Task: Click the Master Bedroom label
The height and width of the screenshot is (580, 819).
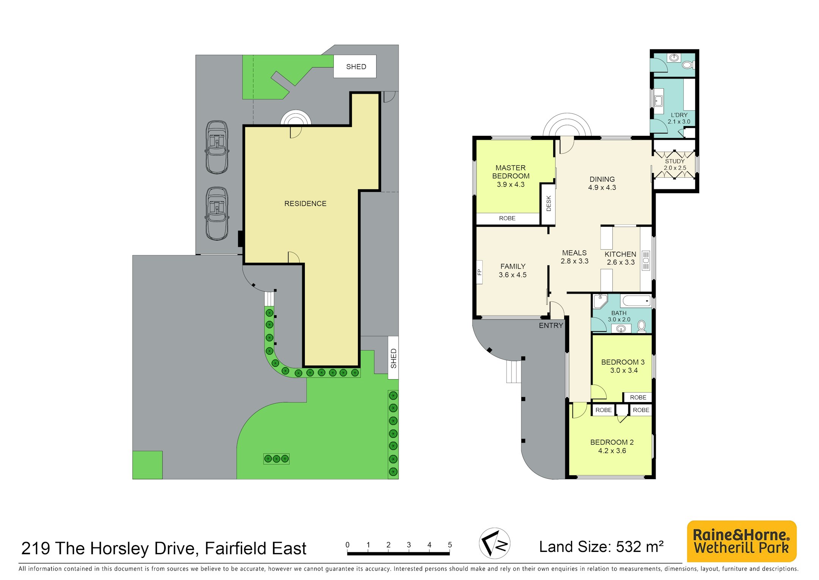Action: pyautogui.click(x=511, y=172)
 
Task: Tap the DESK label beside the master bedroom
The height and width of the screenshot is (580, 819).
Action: pyautogui.click(x=549, y=203)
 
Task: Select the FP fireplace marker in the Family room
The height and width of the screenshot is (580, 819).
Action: pyautogui.click(x=479, y=272)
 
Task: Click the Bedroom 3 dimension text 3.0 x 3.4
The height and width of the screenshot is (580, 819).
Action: pyautogui.click(x=624, y=371)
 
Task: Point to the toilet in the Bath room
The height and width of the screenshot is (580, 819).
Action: pyautogui.click(x=642, y=326)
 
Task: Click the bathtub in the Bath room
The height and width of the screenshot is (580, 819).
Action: pyautogui.click(x=636, y=301)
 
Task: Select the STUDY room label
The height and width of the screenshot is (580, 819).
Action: pyautogui.click(x=675, y=161)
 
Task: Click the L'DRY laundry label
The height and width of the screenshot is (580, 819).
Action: pyautogui.click(x=679, y=115)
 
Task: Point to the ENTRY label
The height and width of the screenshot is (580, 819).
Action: pyautogui.click(x=551, y=325)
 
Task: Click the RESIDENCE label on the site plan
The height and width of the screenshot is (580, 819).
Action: pyautogui.click(x=305, y=204)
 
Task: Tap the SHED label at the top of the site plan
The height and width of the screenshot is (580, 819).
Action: pyautogui.click(x=356, y=67)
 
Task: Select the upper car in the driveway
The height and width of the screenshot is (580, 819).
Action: pyautogui.click(x=217, y=147)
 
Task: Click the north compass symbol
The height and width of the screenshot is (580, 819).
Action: pyautogui.click(x=494, y=543)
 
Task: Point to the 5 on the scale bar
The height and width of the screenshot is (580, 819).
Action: pyautogui.click(x=450, y=545)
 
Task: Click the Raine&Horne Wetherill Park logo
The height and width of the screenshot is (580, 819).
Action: pyautogui.click(x=742, y=541)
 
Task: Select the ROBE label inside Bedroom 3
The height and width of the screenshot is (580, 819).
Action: pyautogui.click(x=638, y=397)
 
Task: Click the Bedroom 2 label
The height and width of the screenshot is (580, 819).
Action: pyautogui.click(x=612, y=442)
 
